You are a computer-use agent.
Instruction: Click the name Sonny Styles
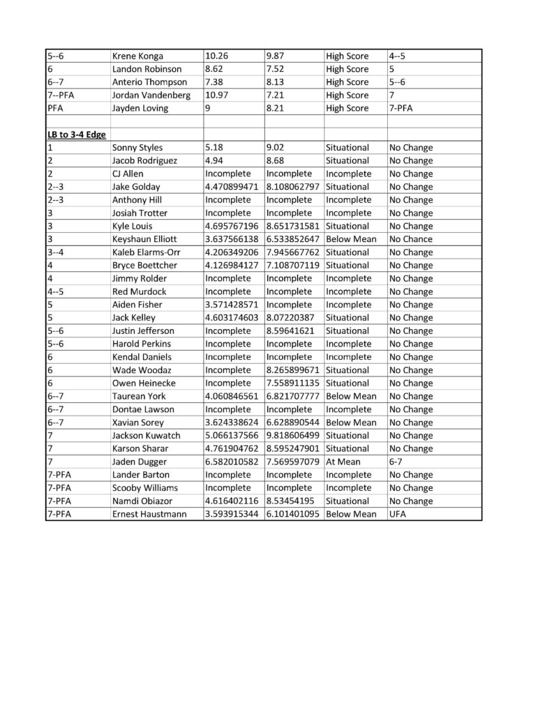click(x=135, y=148)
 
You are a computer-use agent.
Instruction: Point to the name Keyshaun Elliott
click(x=144, y=239)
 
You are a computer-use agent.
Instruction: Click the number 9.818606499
click(x=293, y=436)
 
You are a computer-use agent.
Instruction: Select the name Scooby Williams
click(x=144, y=488)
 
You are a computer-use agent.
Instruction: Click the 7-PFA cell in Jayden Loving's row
click(x=403, y=108)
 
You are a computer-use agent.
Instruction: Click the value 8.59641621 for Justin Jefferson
click(x=291, y=331)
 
